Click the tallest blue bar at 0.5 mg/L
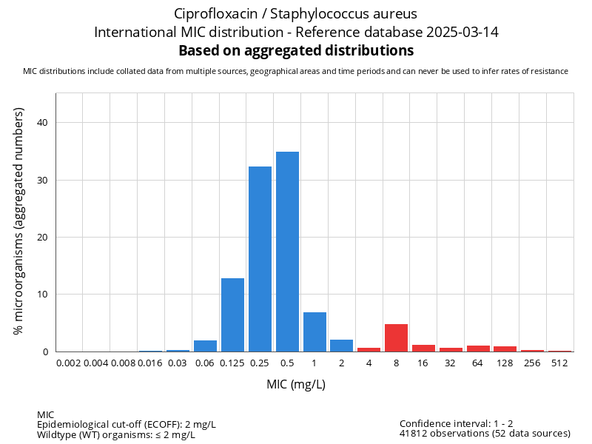[287, 252]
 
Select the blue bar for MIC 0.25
[260, 259]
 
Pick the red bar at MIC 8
[396, 337]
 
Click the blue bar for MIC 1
[314, 332]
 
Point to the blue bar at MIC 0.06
[205, 346]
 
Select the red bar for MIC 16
[423, 348]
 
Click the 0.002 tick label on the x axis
[69, 363]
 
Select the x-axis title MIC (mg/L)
[296, 385]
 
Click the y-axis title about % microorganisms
[19, 221]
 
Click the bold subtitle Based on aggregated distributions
[296, 50]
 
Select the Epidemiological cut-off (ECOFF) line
[126, 424]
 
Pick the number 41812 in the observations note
[414, 434]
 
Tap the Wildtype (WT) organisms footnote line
[115, 434]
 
